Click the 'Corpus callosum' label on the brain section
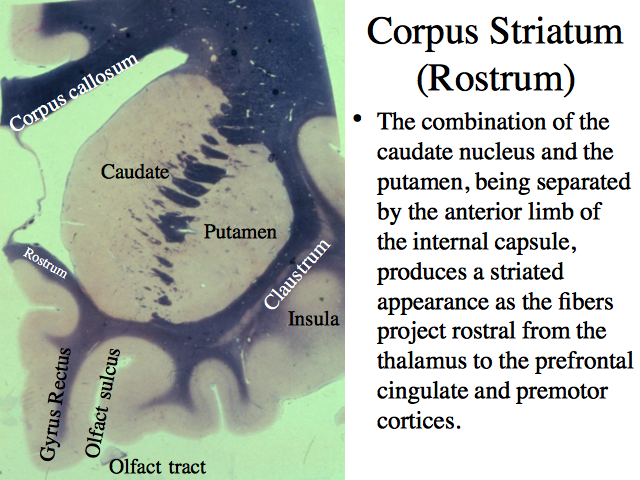click(73, 92)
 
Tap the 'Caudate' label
click(135, 171)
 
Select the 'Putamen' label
click(240, 232)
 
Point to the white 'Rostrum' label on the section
click(45, 262)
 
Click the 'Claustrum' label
click(297, 274)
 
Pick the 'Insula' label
click(314, 318)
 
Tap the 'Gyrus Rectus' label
click(55, 404)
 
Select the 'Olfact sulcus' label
click(102, 403)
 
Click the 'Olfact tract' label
click(158, 467)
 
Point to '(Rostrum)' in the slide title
click(496, 78)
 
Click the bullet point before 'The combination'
click(358, 119)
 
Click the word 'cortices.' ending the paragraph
click(419, 420)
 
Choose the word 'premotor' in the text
click(562, 392)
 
